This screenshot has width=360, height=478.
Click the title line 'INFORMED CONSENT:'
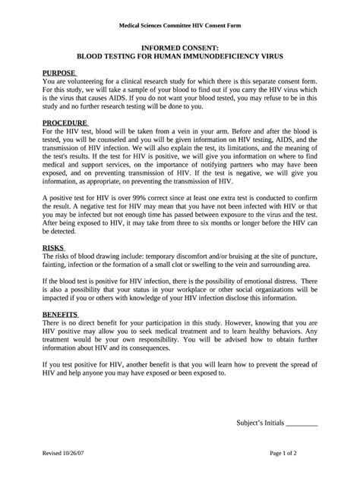[x=179, y=47]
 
